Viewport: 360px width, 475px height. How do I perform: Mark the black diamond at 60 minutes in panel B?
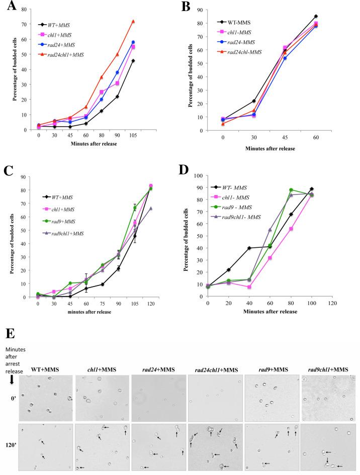click(x=344, y=16)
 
